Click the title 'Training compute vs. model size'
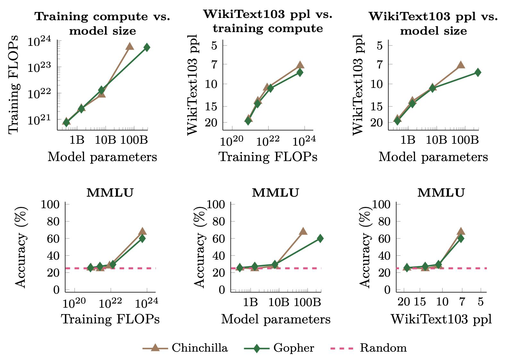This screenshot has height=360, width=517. [x=103, y=23]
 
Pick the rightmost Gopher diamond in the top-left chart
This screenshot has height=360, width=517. [x=147, y=47]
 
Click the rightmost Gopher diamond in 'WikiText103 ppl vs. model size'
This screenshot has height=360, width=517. [x=478, y=73]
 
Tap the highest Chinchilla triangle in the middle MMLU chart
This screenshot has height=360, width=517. [x=303, y=231]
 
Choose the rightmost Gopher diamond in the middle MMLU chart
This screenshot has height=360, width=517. [x=320, y=238]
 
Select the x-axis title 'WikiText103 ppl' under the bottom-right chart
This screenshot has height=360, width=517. [x=441, y=319]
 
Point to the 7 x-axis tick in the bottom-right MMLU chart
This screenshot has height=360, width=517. [x=462, y=302]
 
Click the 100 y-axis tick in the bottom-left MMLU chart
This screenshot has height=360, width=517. [x=50, y=204]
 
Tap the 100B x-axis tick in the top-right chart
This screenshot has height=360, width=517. [x=465, y=140]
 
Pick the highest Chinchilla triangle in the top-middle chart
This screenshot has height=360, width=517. [x=300, y=65]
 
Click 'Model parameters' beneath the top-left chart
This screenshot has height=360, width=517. [x=102, y=157]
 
